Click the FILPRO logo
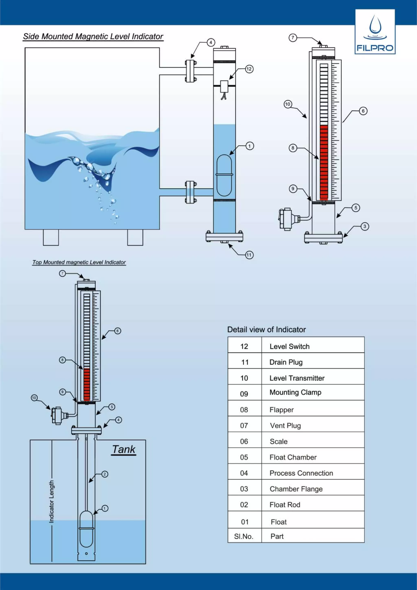pyautogui.click(x=375, y=32)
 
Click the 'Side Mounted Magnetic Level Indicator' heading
pyautogui.click(x=93, y=36)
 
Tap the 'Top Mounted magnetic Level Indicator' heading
pyautogui.click(x=79, y=262)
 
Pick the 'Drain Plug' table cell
pyautogui.click(x=286, y=362)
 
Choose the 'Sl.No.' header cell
pyautogui.click(x=244, y=536)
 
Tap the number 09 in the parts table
pyautogui.click(x=244, y=394)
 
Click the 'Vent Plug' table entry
pyautogui.click(x=285, y=426)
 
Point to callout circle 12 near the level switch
pyautogui.click(x=249, y=69)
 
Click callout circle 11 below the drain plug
pyautogui.click(x=249, y=255)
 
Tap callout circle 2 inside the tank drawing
pyautogui.click(x=104, y=474)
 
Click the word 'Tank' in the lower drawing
pyautogui.click(x=124, y=449)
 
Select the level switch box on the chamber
pyautogui.click(x=224, y=86)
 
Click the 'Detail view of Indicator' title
pyautogui.click(x=267, y=329)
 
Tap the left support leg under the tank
pyautogui.click(x=51, y=237)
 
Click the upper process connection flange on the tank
pyautogui.click(x=190, y=71)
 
